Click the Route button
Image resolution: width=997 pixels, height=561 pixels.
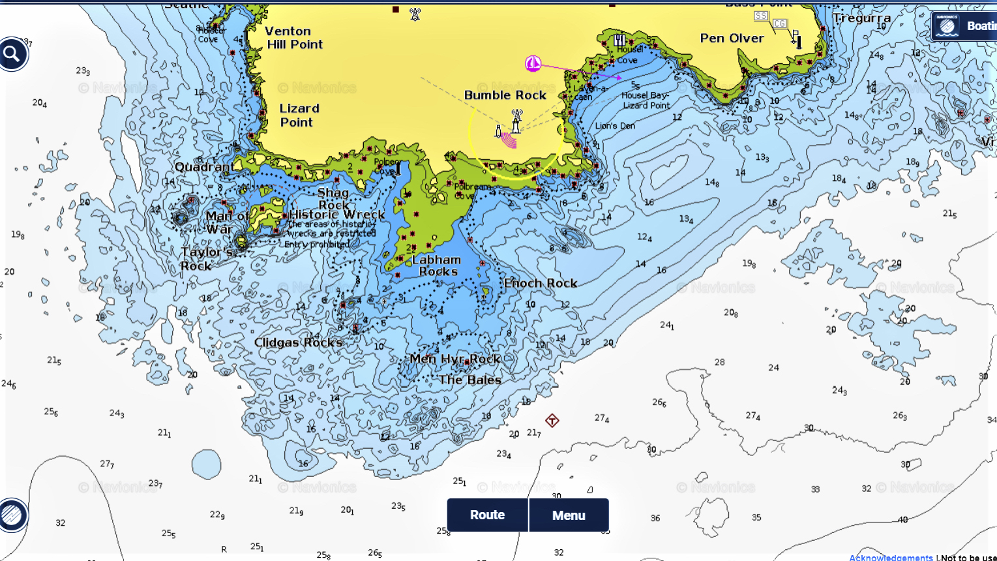487,515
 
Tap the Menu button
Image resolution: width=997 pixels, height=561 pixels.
569,515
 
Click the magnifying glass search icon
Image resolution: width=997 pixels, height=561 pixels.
13,55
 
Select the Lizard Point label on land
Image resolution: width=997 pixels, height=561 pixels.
299,115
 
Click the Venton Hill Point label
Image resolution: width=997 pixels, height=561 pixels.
294,38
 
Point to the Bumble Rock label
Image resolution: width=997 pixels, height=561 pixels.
505,95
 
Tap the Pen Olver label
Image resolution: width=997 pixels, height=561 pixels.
732,38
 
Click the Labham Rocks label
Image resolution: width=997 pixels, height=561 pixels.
437,265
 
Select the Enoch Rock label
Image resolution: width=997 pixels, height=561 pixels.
540,283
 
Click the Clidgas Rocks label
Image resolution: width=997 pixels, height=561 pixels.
298,342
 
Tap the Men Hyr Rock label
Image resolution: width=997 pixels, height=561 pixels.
454,359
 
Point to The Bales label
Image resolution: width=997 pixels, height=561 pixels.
469,380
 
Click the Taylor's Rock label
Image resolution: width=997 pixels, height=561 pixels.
206,259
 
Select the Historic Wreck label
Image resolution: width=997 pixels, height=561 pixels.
336,215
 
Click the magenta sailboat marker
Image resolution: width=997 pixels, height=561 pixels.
533,63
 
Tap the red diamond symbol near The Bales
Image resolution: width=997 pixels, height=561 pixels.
552,420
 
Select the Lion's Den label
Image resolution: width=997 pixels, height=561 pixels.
615,126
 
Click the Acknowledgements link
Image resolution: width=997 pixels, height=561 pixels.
891,557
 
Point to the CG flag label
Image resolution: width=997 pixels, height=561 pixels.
780,24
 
